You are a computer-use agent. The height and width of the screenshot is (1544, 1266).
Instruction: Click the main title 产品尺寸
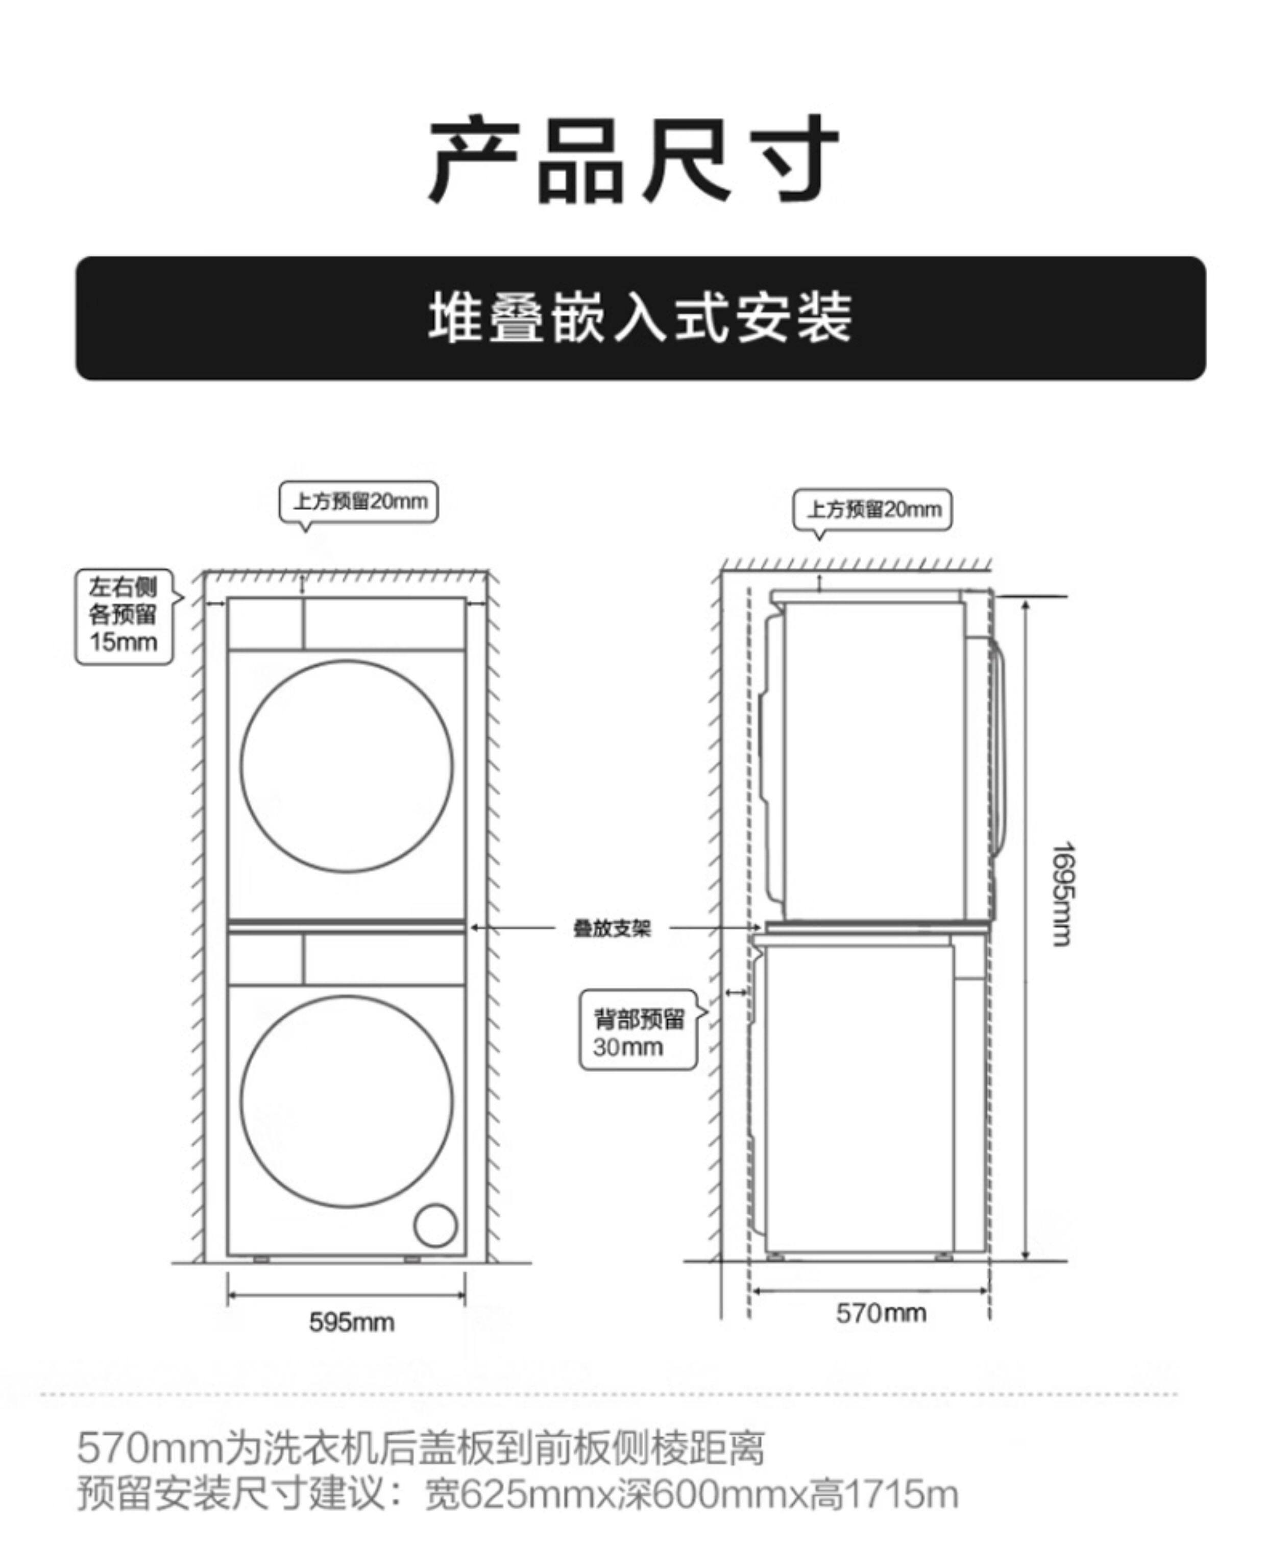[x=633, y=159]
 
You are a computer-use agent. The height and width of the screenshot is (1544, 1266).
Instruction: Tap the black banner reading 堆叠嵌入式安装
[x=640, y=318]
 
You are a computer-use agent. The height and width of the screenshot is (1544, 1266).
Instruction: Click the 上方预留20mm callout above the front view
[x=359, y=502]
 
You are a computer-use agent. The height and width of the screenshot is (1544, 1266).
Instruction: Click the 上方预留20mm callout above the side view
[x=872, y=509]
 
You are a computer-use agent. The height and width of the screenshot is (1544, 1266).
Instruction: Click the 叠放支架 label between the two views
[x=611, y=928]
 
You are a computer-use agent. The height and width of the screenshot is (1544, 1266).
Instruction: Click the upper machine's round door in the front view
[x=347, y=766]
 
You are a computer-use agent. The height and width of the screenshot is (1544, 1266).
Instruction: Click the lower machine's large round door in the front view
[x=347, y=1102]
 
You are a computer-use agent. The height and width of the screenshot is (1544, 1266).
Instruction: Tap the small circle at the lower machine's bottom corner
[x=435, y=1224]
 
